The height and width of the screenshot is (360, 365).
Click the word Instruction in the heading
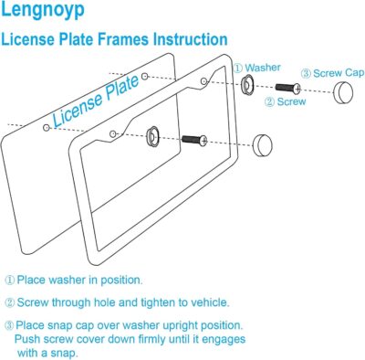point(186,40)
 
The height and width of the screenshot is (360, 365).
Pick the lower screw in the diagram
point(194,140)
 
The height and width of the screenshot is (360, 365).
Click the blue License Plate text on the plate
point(96,101)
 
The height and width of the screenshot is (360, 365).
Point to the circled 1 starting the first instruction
point(10,281)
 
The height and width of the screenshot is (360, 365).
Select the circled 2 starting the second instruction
point(10,302)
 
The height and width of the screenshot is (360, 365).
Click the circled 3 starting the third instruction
point(10,324)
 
